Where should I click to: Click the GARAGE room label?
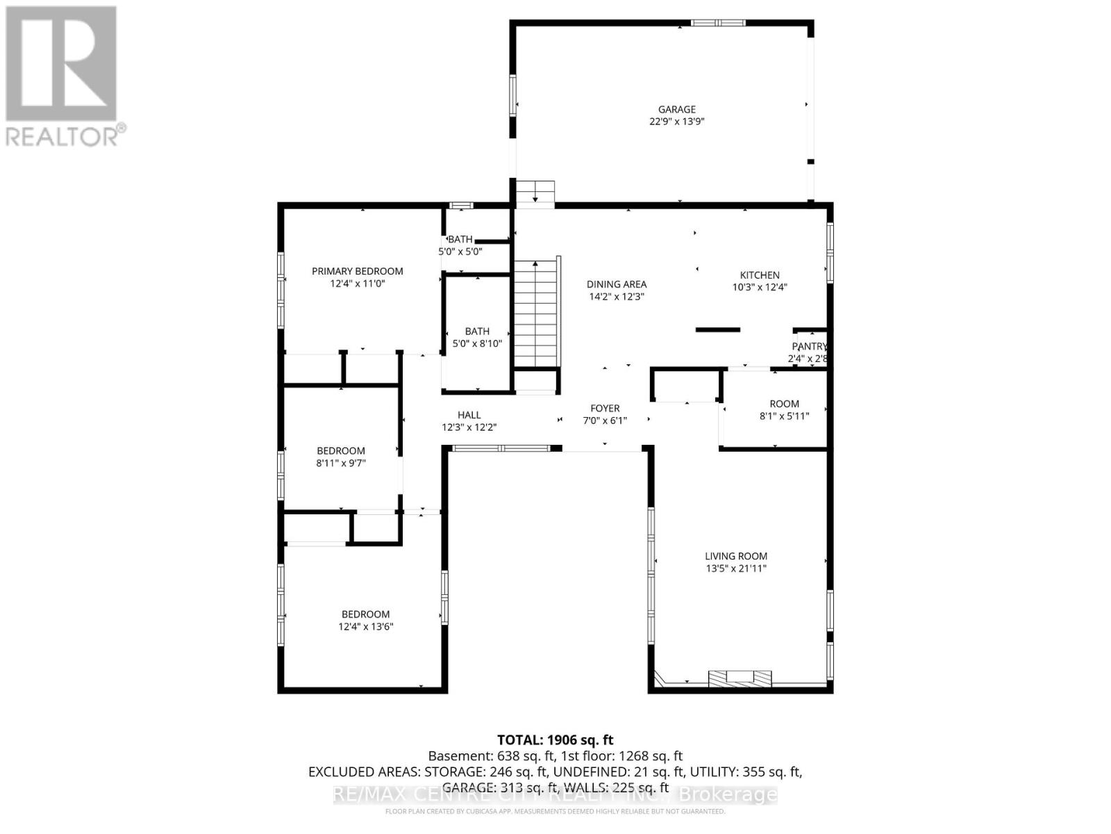676,109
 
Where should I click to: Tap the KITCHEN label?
760,275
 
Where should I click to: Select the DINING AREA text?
616,284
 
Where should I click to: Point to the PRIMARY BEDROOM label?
357,271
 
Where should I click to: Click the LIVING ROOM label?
735,556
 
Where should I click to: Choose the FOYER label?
605,409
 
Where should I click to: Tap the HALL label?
469,415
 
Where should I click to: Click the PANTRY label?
809,346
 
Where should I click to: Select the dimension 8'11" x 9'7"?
340,463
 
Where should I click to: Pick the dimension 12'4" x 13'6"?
365,626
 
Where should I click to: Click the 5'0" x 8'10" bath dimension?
477,343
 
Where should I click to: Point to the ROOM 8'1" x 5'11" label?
784,404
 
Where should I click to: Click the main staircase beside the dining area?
535,313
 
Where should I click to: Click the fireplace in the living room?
740,678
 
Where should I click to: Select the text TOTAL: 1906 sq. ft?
555,740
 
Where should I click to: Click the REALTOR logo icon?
61,64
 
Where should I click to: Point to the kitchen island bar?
718,329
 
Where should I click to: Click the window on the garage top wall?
718,23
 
